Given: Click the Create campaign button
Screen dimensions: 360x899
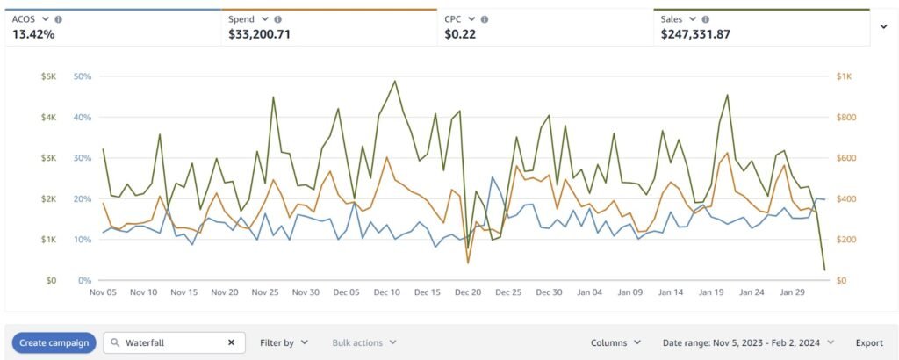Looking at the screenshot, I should point(54,342).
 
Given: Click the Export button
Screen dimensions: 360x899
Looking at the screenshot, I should point(869,342).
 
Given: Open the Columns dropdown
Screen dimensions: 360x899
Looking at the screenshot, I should point(615,342).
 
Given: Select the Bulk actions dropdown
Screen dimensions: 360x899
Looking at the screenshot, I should point(364,342).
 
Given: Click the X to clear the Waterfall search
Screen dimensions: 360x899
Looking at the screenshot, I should point(232,342).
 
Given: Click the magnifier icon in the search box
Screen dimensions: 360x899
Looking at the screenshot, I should point(115,342).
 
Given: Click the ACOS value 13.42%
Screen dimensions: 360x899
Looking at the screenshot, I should point(32,35).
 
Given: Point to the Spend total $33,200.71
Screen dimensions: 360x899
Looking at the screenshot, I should point(259,35).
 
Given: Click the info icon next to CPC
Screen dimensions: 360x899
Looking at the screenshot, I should point(485,19).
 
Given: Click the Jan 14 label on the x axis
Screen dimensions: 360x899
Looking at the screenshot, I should point(671,292).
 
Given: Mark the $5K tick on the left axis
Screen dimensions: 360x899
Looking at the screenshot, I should point(49,76).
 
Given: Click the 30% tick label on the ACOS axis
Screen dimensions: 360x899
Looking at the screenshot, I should point(83,158).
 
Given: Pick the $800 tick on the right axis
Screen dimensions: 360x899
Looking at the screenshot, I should point(844,117).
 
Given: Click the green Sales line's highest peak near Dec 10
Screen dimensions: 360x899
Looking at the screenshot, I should point(395,81).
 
